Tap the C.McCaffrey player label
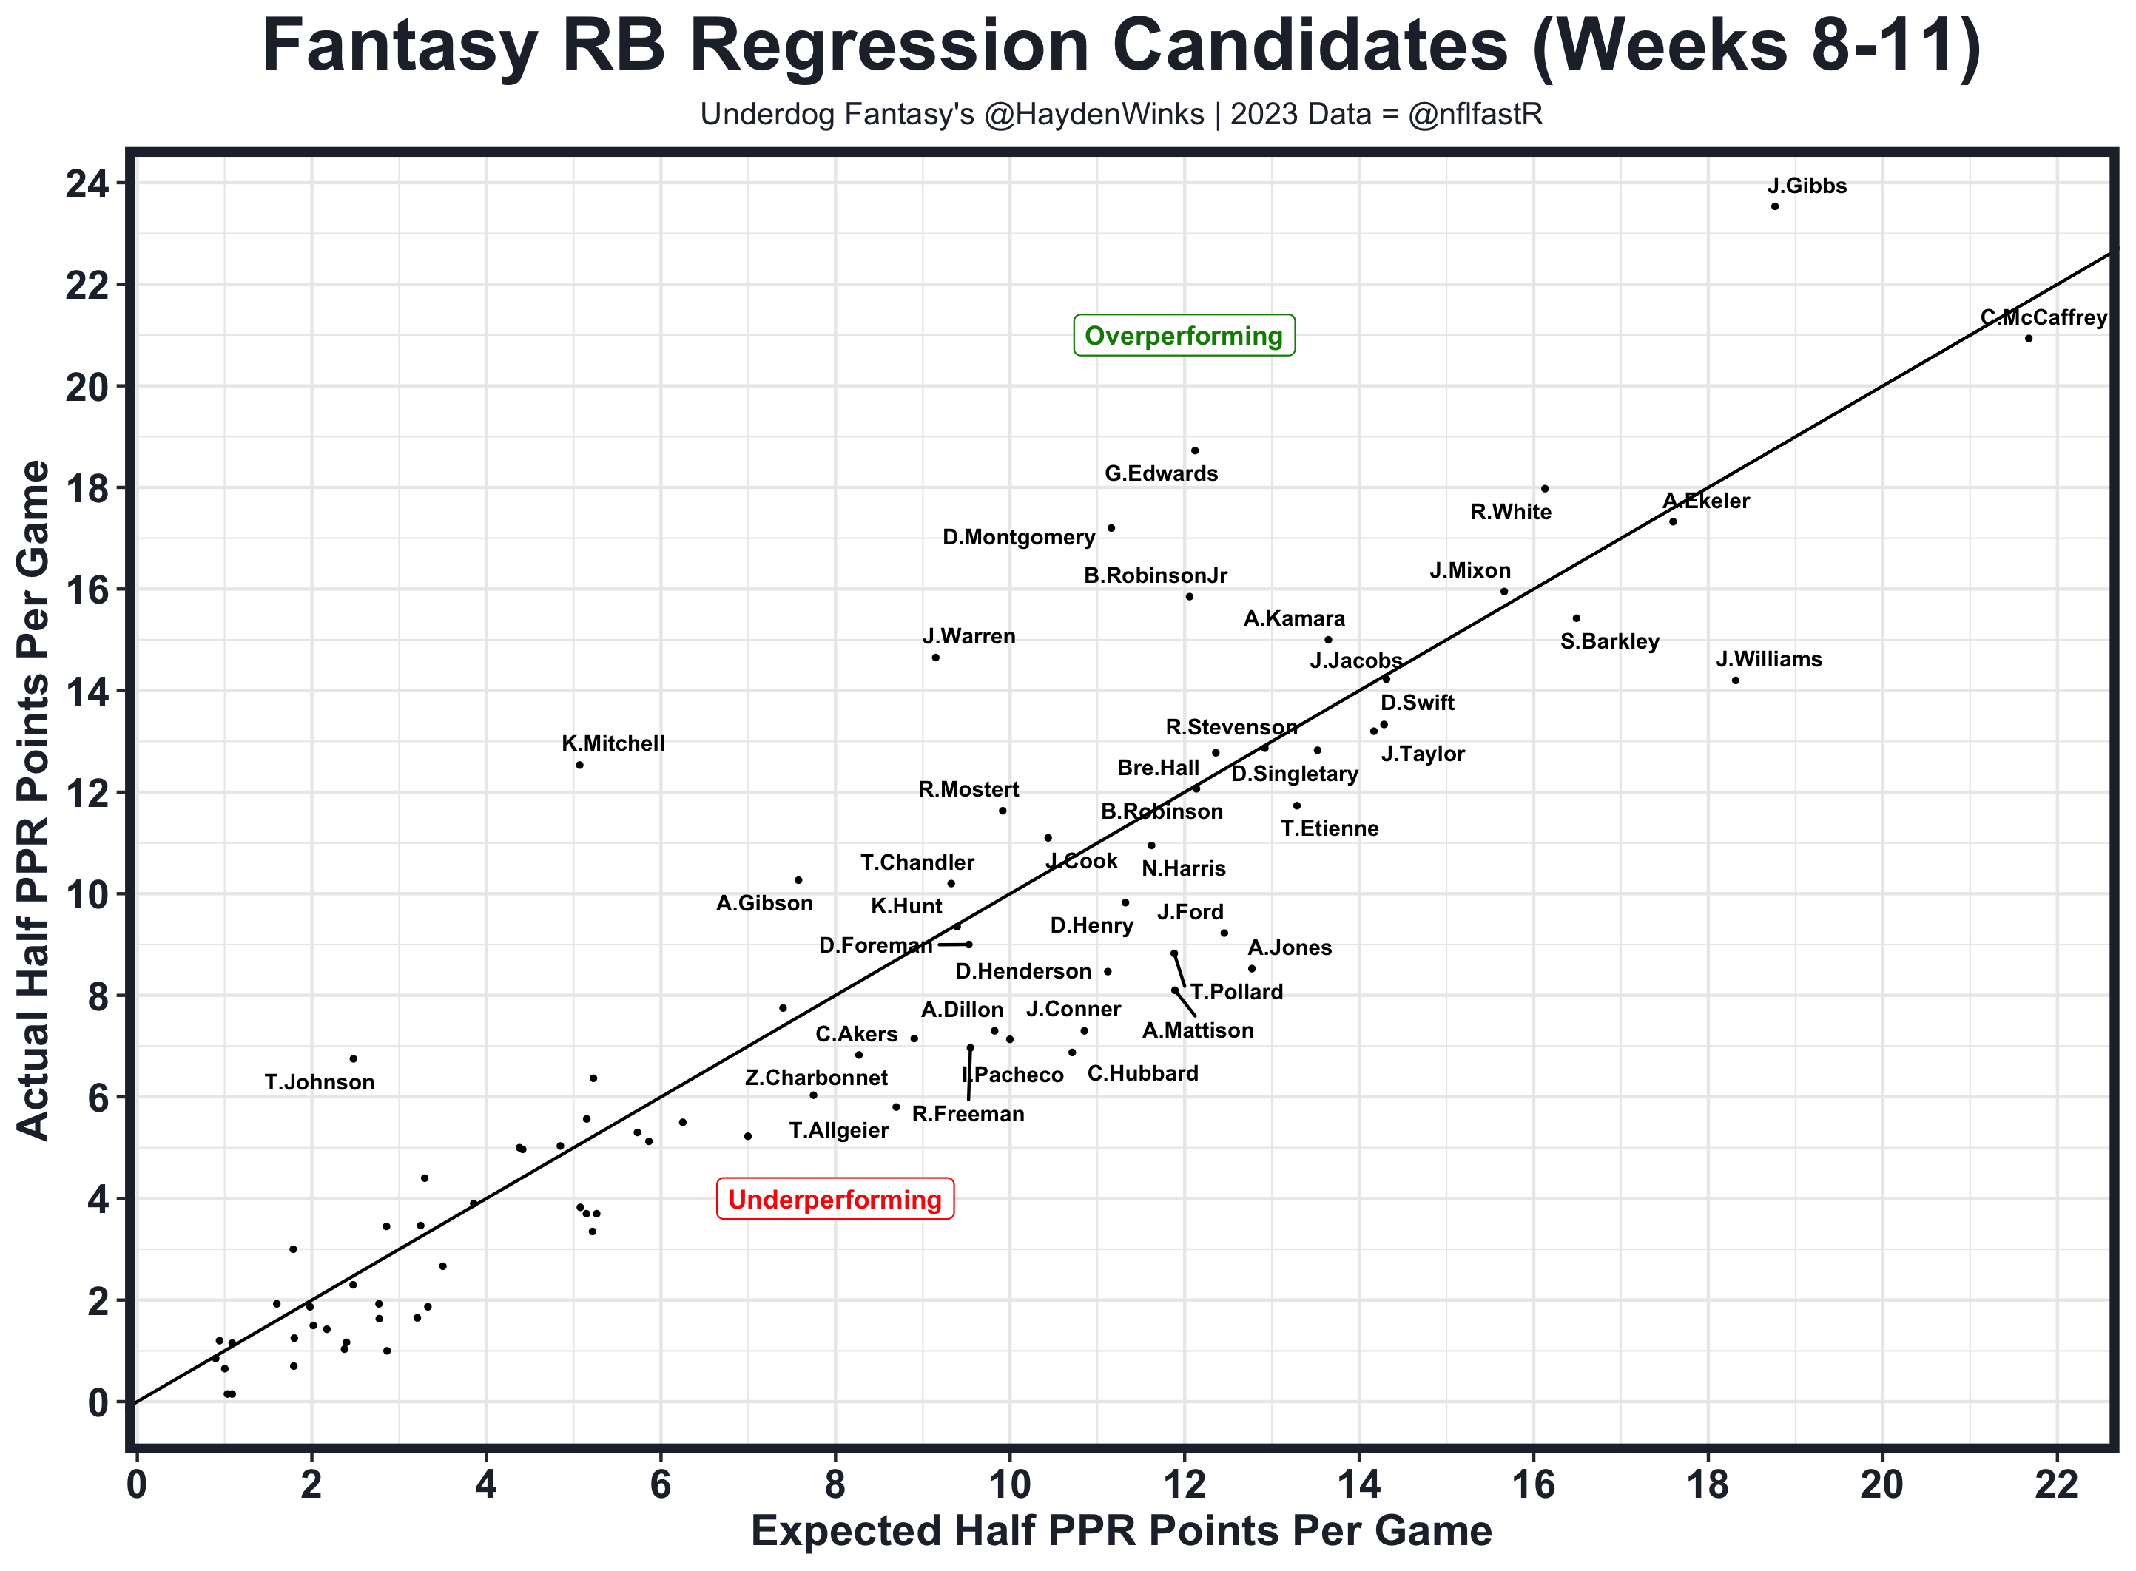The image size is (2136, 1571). (2043, 317)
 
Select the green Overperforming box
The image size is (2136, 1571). (1183, 336)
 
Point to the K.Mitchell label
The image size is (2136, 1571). (613, 743)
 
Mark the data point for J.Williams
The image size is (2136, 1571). (1736, 680)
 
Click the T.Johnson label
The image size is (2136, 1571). (320, 1082)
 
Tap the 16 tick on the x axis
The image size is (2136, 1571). (1533, 1484)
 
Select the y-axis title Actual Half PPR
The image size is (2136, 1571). (34, 799)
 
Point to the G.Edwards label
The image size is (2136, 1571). (1160, 473)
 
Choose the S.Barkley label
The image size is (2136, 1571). (1609, 642)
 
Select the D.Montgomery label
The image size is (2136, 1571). (1019, 537)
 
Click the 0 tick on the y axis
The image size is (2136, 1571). (99, 1402)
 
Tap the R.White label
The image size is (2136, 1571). (1510, 513)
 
